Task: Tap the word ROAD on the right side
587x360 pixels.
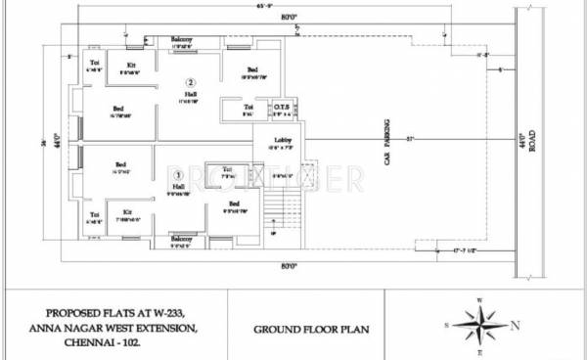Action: click(533, 143)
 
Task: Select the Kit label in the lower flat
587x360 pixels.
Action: click(127, 210)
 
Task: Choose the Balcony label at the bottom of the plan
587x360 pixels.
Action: click(181, 238)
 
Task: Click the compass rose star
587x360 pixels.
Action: click(479, 324)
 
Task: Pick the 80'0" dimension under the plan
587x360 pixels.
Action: click(290, 266)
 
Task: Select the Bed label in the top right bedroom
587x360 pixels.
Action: click(251, 69)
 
